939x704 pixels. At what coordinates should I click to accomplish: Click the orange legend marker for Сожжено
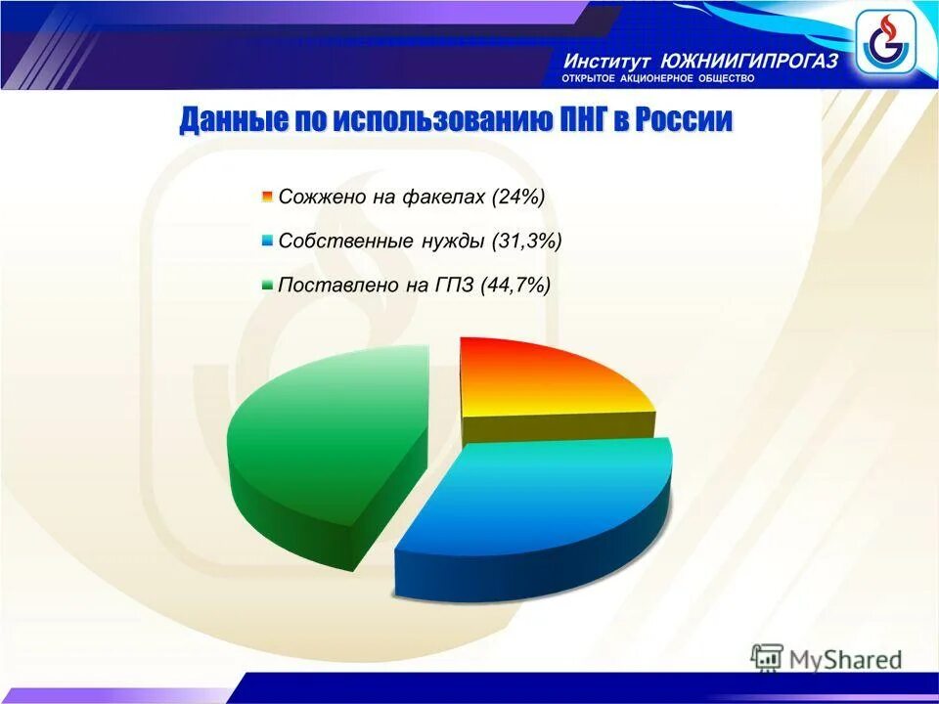point(267,198)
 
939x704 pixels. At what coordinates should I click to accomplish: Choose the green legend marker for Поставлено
point(267,286)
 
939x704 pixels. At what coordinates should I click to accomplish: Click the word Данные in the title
point(233,121)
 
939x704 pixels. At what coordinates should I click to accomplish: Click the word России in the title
point(684,121)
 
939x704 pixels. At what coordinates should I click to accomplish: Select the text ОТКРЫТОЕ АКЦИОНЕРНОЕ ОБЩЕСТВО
point(657,78)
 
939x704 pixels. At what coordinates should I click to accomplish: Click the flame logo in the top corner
point(884,42)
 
